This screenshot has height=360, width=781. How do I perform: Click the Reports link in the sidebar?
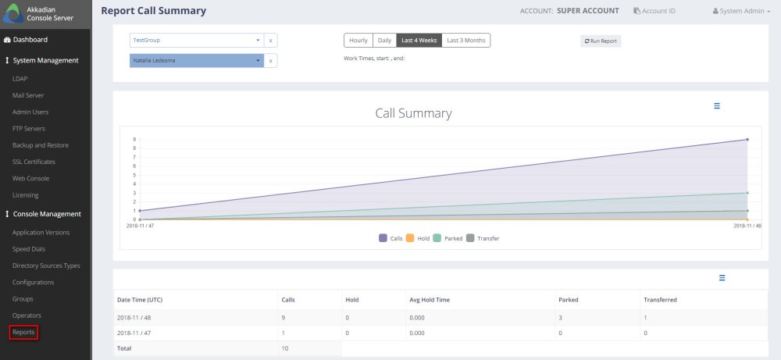(23, 333)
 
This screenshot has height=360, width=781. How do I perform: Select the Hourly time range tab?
(358, 40)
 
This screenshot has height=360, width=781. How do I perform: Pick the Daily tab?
(384, 40)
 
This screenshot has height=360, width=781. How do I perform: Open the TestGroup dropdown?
(196, 40)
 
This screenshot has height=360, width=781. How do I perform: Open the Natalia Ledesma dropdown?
(196, 60)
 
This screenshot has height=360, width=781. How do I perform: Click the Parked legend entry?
(449, 238)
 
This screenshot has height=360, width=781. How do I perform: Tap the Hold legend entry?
(419, 238)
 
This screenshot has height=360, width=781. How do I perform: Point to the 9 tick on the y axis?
(134, 140)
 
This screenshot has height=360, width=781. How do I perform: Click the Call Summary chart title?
(413, 113)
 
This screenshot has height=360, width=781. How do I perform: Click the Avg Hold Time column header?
(430, 299)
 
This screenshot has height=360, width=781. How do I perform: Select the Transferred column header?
(660, 299)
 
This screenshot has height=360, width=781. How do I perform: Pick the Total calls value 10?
(284, 348)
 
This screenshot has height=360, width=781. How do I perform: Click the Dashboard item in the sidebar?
(30, 39)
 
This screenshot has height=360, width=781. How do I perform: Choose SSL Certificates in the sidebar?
(34, 162)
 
